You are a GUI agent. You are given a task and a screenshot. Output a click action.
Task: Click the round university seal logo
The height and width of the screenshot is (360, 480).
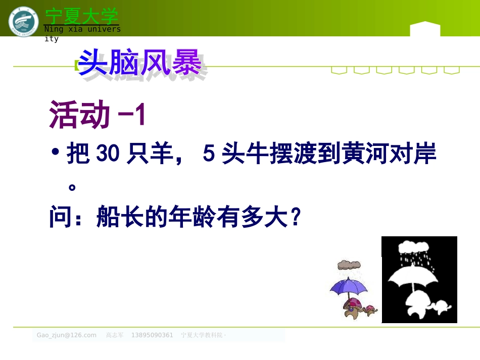click(23, 21)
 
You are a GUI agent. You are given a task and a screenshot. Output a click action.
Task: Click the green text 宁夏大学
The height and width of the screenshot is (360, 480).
click(81, 16)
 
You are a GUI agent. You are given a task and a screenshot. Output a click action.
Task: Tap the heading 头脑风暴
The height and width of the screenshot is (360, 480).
click(140, 65)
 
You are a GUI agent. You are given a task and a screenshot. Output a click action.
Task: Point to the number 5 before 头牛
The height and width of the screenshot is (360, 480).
click(208, 155)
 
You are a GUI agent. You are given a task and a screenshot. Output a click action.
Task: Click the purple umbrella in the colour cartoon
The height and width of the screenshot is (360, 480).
click(349, 287)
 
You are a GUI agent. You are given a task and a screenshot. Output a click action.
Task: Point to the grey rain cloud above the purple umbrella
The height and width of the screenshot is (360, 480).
click(349, 265)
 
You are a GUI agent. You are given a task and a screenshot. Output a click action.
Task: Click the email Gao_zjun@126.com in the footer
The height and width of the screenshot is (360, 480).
click(66, 335)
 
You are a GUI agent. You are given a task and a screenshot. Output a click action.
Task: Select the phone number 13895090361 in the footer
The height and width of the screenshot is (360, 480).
click(152, 335)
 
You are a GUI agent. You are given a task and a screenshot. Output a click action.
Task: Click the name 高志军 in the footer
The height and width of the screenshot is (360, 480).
click(115, 335)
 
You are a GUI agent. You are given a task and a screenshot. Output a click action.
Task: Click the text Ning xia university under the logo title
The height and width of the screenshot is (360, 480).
click(82, 29)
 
